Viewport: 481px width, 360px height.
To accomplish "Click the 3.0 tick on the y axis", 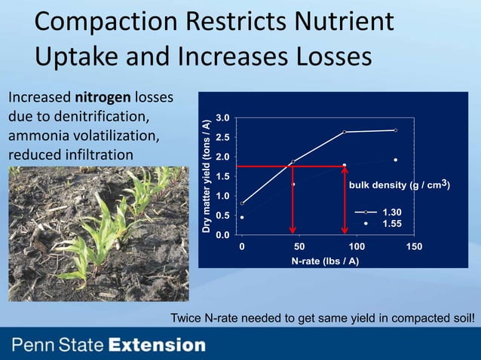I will tap(222, 118).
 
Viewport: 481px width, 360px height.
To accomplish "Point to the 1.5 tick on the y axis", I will tap(222, 176).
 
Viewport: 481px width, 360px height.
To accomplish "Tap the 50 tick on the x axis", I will tap(299, 246).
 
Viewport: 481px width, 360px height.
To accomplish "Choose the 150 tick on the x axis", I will tap(414, 246).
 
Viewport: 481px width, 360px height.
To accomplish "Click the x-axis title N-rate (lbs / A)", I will tap(325, 261).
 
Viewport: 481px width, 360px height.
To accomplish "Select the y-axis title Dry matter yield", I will tap(205, 175).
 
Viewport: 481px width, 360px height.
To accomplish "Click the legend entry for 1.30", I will tap(381, 212).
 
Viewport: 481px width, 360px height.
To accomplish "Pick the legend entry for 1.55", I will tap(381, 224).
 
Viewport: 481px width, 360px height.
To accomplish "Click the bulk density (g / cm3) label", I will tap(398, 185).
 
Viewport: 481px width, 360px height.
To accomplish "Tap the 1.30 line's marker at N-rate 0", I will tap(242, 203).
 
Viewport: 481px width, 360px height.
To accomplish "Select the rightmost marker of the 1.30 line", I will tap(395, 130).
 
